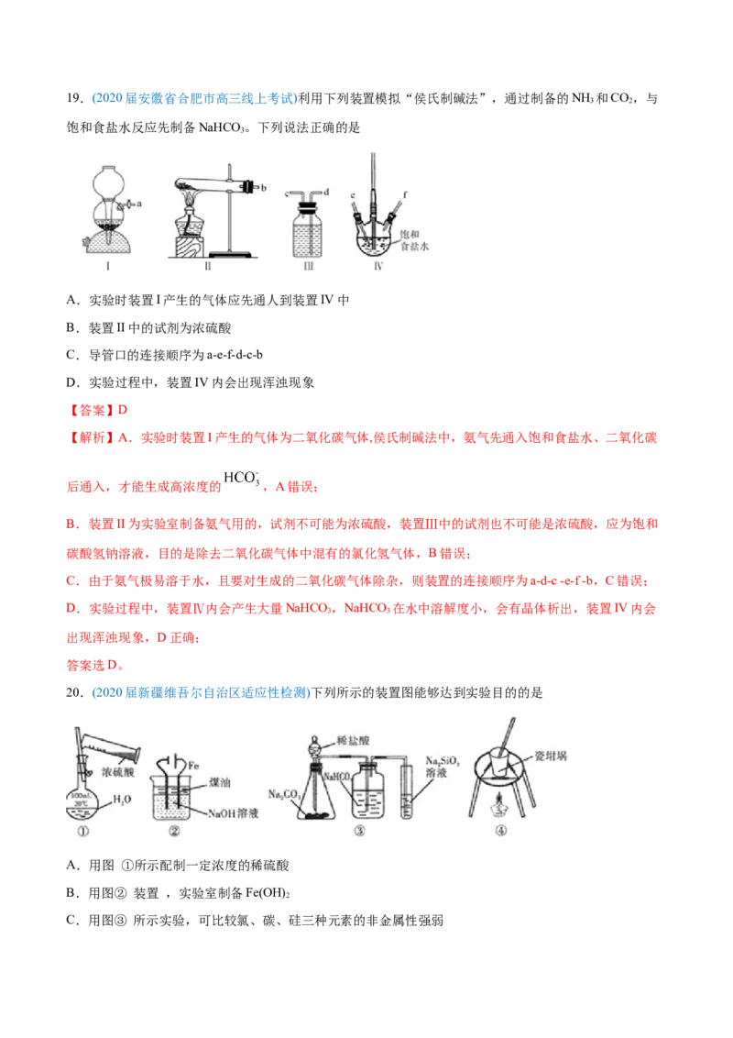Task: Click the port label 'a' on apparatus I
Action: click(139, 204)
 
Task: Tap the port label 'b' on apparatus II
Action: click(263, 188)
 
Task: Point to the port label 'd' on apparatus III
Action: click(326, 192)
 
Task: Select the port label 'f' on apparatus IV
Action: click(405, 194)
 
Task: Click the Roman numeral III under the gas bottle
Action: click(308, 266)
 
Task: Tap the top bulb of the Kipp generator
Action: click(108, 179)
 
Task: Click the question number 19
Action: click(74, 99)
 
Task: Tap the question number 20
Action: click(74, 692)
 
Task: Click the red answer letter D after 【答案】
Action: click(123, 410)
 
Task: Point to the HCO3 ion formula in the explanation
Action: click(242, 478)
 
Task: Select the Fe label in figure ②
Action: click(193, 766)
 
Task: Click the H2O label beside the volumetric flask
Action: click(122, 800)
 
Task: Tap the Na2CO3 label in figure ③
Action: click(284, 794)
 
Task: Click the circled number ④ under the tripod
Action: click(501, 831)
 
